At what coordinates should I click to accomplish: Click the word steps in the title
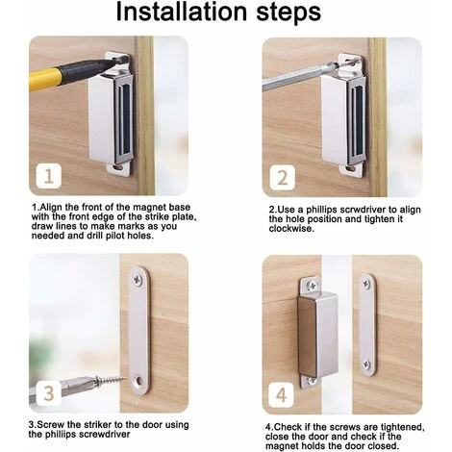(x=289, y=13)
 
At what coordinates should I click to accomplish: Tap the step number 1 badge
(x=48, y=176)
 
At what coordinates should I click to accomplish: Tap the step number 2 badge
(x=282, y=178)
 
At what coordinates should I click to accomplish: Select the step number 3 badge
(x=48, y=393)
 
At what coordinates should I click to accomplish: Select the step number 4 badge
(x=281, y=395)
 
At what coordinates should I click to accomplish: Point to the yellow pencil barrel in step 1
(x=45, y=80)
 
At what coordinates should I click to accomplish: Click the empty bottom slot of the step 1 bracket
(x=119, y=167)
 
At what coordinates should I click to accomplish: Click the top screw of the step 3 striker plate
(x=138, y=279)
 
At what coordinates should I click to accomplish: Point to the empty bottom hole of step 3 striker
(x=139, y=381)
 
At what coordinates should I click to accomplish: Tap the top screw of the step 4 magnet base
(x=312, y=285)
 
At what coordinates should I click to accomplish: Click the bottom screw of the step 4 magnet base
(x=311, y=381)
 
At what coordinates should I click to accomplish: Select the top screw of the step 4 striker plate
(x=366, y=284)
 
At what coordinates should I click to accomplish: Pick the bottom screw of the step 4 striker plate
(x=366, y=364)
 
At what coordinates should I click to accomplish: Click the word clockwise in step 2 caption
(x=290, y=229)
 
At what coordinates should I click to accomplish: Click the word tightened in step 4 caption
(x=402, y=427)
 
